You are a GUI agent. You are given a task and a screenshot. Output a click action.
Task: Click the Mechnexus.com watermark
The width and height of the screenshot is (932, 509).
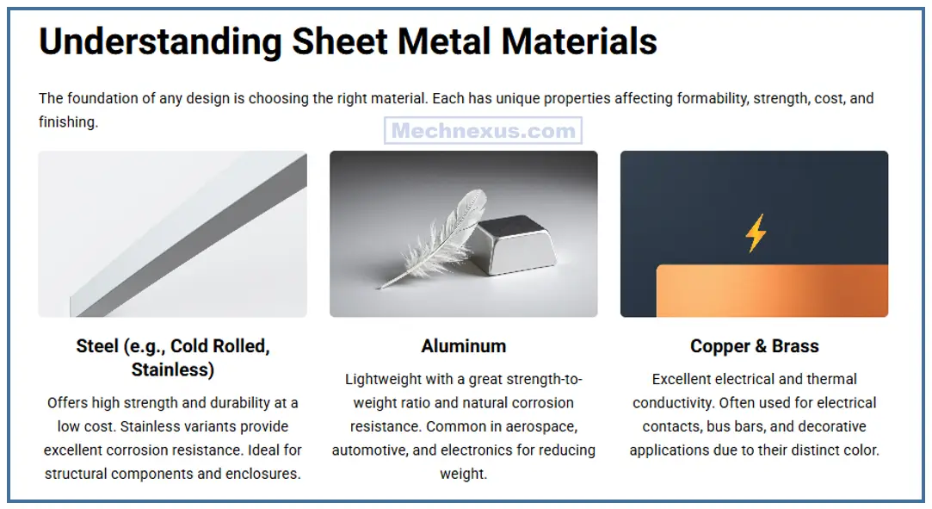tap(483, 131)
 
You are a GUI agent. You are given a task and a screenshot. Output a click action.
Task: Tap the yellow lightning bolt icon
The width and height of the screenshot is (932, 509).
tap(756, 233)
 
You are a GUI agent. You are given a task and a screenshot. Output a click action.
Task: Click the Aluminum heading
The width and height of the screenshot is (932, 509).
tap(463, 346)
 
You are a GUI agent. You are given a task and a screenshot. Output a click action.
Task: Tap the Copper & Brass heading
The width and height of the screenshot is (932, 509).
tap(754, 346)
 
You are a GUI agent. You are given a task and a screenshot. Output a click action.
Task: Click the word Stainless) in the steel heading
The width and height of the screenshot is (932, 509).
tap(173, 370)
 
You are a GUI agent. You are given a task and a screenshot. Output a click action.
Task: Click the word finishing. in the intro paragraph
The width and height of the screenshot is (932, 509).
tap(68, 122)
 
